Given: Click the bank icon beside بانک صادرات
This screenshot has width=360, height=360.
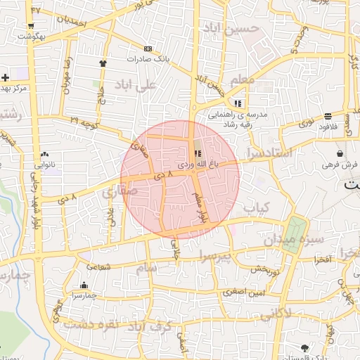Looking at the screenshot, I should (148, 49).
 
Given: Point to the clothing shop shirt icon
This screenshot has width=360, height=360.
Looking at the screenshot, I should (103, 63).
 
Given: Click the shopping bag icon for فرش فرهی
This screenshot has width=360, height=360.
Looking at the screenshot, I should (340, 153).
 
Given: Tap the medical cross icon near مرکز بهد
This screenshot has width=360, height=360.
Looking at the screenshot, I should (6, 77).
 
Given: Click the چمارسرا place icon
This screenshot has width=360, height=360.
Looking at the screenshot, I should (84, 285).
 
